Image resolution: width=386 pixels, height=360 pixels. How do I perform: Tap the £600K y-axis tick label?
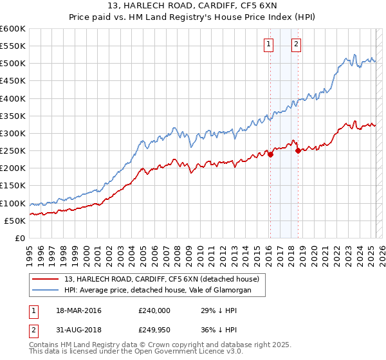coord(13,29)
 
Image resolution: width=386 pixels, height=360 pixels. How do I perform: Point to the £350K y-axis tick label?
coord(13,116)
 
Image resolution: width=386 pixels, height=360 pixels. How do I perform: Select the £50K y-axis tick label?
coord(15,221)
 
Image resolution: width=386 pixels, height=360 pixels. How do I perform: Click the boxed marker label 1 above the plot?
coord(268,44)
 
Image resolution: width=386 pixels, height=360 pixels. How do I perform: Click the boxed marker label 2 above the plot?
coord(296,44)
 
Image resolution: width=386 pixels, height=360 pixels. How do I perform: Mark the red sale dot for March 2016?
coord(271,154)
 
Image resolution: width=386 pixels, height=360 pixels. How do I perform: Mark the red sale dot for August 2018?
coord(299,151)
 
